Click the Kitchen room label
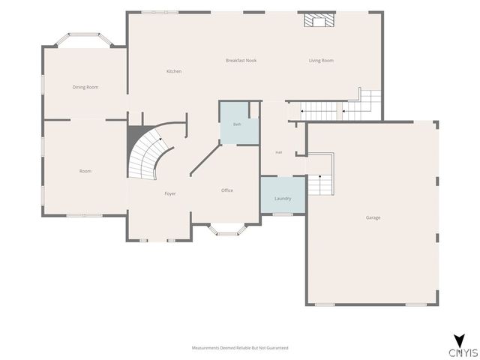[174, 71]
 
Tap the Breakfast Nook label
[241, 61]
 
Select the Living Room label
[321, 61]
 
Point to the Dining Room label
[85, 87]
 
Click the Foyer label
[170, 193]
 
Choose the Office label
[227, 190]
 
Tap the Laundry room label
[283, 199]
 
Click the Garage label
[373, 217]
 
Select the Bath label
[237, 124]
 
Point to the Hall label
[278, 152]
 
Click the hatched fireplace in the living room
[319, 20]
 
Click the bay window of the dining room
[84, 40]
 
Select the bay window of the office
[226, 230]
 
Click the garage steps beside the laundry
[320, 175]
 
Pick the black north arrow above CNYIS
[460, 340]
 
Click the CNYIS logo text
[463, 352]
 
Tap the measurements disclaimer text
[240, 348]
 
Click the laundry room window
[283, 214]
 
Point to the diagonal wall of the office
[205, 159]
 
